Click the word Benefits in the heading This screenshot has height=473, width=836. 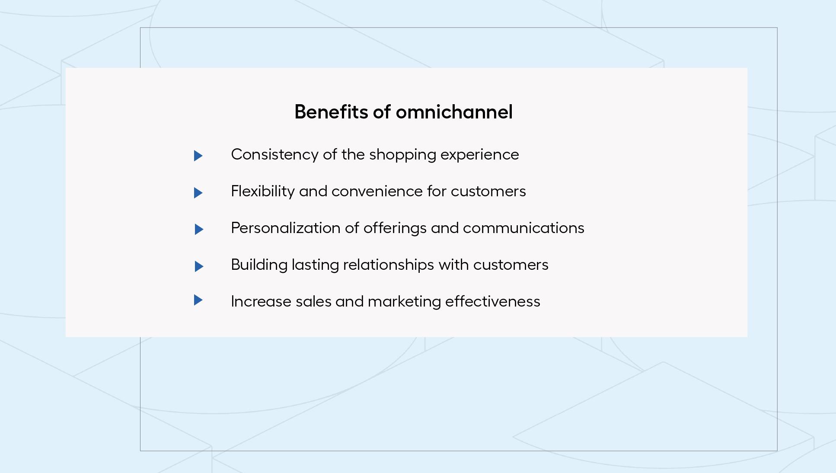pyautogui.click(x=331, y=112)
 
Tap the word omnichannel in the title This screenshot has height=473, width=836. pyautogui.click(x=454, y=112)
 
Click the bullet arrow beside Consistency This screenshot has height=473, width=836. pyautogui.click(x=198, y=156)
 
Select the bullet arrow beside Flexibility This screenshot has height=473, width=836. pyautogui.click(x=198, y=193)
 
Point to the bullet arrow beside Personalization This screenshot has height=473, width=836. pyautogui.click(x=199, y=229)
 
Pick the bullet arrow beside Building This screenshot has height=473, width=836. pyautogui.click(x=199, y=266)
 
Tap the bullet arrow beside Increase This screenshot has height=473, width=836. pyautogui.click(x=198, y=300)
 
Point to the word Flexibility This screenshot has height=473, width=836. pyautogui.click(x=263, y=192)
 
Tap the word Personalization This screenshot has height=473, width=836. pyautogui.click(x=286, y=228)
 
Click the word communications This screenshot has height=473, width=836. pyautogui.click(x=523, y=228)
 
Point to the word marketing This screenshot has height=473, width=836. pyautogui.click(x=404, y=302)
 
